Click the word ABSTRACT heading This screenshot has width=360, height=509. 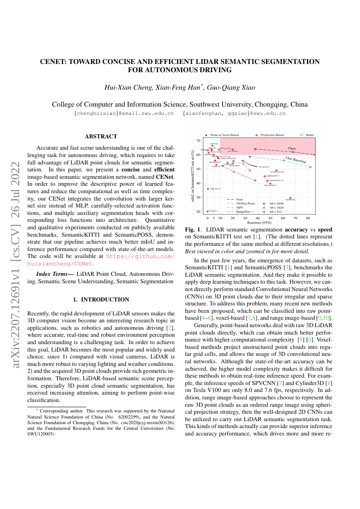[101, 137]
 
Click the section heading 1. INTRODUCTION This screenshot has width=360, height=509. [101, 299]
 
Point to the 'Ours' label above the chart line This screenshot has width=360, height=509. [292, 148]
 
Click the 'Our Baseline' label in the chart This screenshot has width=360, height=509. [296, 160]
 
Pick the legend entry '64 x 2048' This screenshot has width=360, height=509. [277, 203]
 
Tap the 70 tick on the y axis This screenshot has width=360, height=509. [199, 141]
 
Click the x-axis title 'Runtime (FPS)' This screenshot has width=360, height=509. [260, 222]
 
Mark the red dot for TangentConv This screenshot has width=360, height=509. [208, 189]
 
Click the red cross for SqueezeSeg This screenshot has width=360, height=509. [290, 198]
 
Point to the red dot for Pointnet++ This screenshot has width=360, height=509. [208, 211]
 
